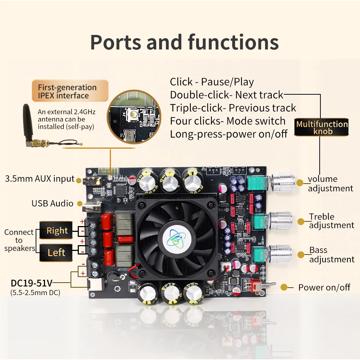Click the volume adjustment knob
click(x=283, y=182)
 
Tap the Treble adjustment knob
click(x=282, y=220)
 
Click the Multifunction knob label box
click(x=321, y=127)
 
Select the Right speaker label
click(x=57, y=231)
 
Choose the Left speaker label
click(x=57, y=252)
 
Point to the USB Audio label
click(x=53, y=203)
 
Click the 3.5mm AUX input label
click(x=40, y=179)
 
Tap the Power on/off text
click(x=324, y=287)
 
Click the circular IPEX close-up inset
click(x=133, y=117)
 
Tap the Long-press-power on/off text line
click(x=229, y=134)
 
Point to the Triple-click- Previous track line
click(x=233, y=108)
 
